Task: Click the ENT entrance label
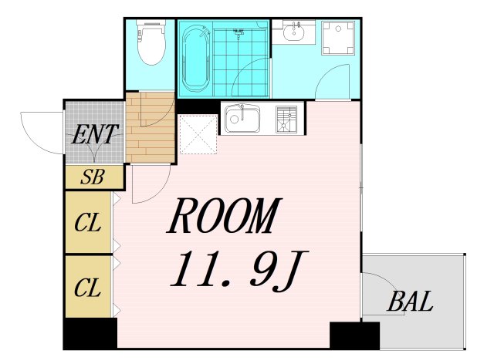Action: pos(95,134)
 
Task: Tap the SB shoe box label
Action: pos(92,177)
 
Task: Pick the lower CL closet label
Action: pos(88,288)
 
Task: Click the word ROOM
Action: pos(224,216)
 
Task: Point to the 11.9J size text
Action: pos(239,269)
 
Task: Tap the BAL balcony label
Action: pos(410,302)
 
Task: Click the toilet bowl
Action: pos(151,42)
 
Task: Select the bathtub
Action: pos(196,59)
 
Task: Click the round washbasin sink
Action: pos(293,32)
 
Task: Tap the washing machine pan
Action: pos(338,38)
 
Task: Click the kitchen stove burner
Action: pos(286,120)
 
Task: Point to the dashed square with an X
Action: pos(198,134)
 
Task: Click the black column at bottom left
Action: pos(90,333)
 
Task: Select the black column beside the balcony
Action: pos(354,335)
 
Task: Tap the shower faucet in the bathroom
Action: pos(239,32)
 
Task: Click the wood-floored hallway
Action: pos(150,127)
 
